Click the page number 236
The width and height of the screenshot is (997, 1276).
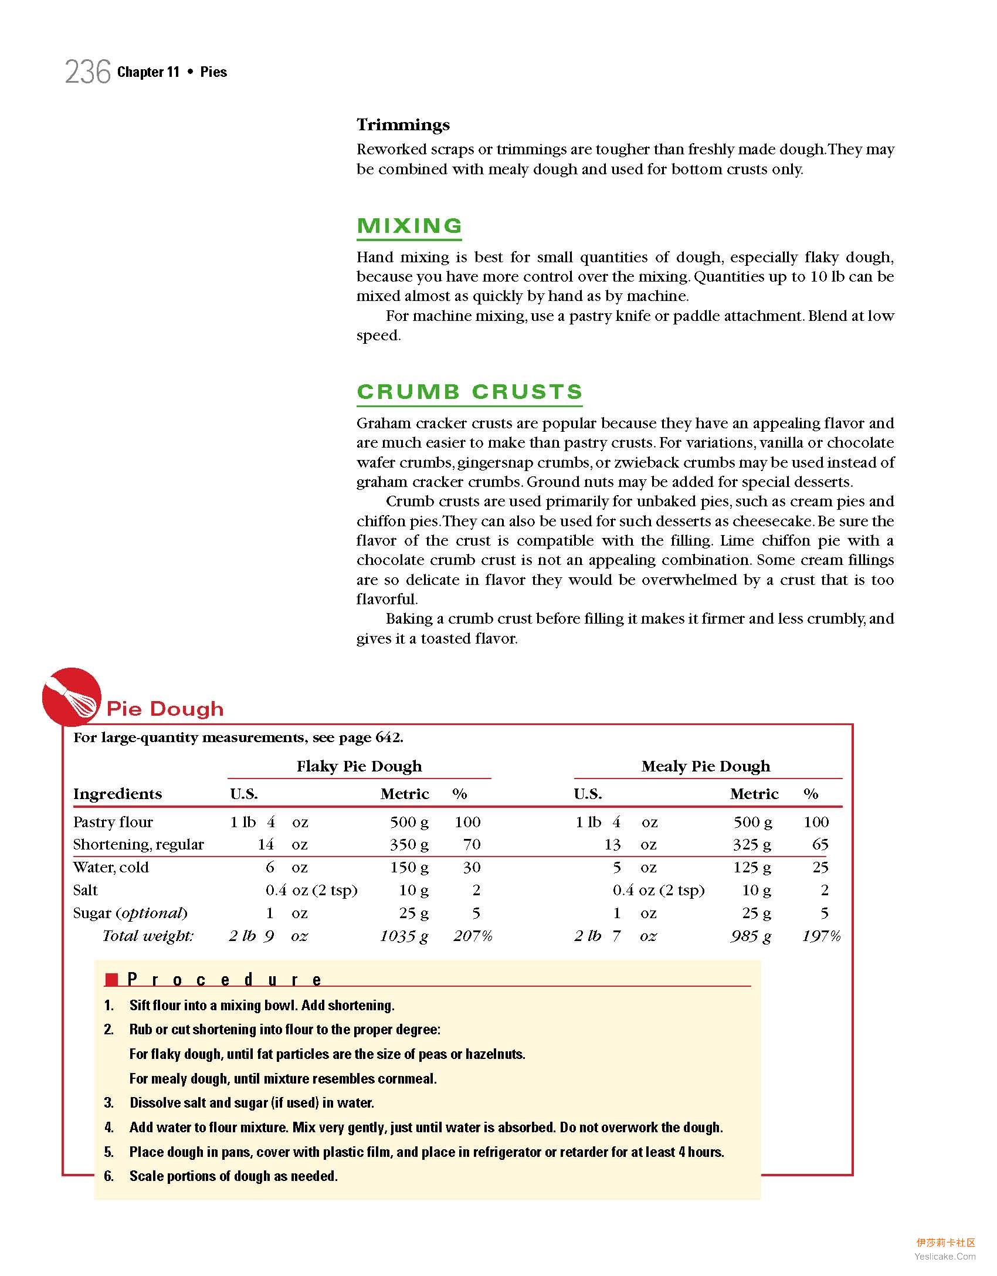coord(87,73)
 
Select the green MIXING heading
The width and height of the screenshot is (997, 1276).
coord(409,226)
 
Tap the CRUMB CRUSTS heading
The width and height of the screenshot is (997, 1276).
coord(469,392)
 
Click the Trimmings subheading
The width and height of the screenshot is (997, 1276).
coord(403,125)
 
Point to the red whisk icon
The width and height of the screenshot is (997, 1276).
coord(72,696)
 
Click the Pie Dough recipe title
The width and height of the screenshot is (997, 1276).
coord(165,709)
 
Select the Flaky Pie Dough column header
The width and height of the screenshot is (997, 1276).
coord(359,766)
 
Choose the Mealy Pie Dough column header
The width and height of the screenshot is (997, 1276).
coord(706,766)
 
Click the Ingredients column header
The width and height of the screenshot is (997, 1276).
coord(117,794)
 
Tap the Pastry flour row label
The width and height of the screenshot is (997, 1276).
coord(113,822)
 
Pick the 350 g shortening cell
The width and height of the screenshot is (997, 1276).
coord(409,844)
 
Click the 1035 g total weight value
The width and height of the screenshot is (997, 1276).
coord(403,936)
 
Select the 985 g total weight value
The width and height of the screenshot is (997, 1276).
coord(750,936)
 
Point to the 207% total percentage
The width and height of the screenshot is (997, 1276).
coord(473,936)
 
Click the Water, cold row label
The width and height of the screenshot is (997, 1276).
coord(111,867)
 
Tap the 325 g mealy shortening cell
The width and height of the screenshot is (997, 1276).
coord(752,844)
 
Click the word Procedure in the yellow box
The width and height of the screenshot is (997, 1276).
coord(225,980)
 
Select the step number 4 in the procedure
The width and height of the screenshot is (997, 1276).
coord(109,1128)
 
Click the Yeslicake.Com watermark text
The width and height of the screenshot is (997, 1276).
coord(945,1256)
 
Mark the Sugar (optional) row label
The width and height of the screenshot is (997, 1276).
coord(130,913)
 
